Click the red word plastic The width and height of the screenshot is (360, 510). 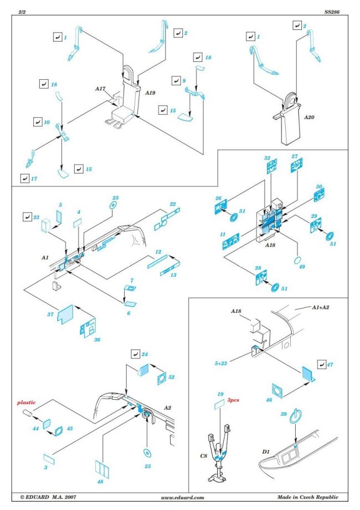(25, 403)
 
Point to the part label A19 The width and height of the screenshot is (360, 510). (150, 94)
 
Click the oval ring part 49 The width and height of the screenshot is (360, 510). (297, 260)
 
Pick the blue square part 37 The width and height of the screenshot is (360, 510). (66, 313)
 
